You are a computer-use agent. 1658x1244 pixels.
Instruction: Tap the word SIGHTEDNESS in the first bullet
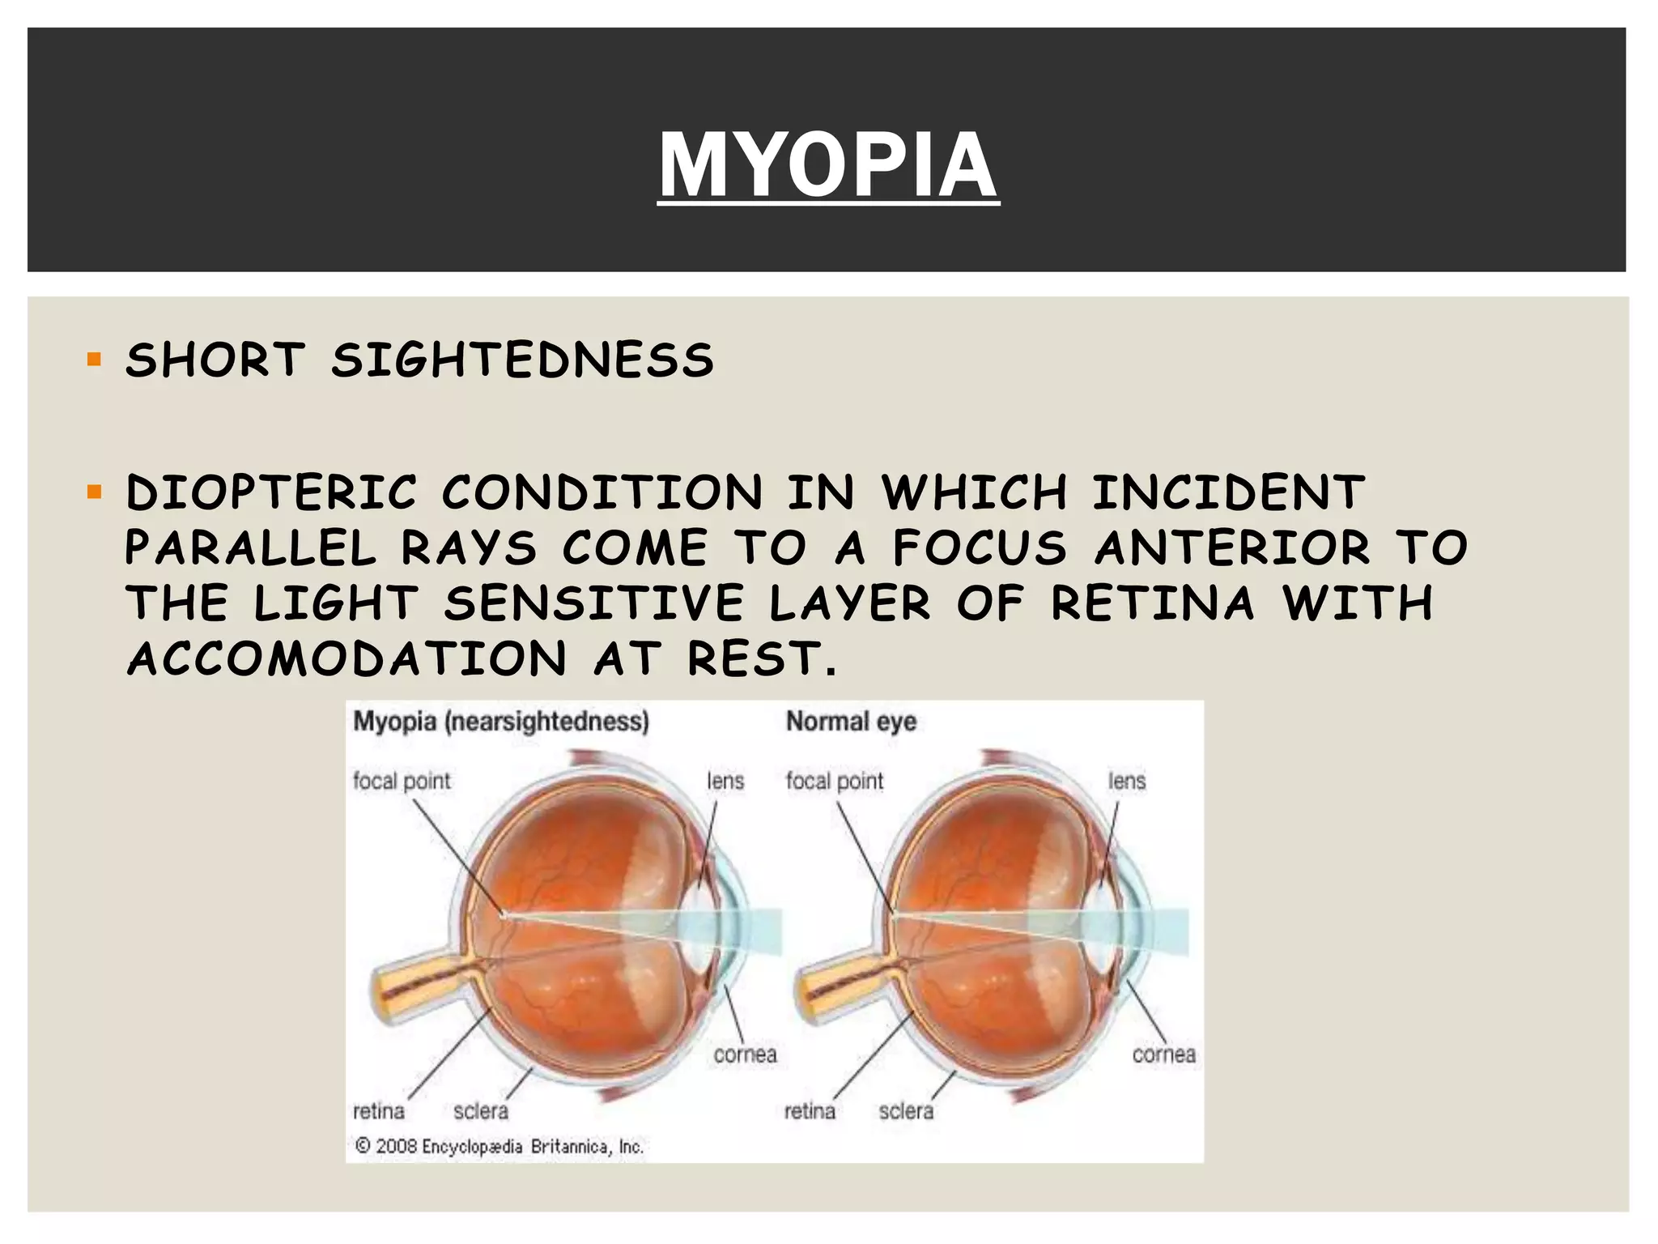pos(522,360)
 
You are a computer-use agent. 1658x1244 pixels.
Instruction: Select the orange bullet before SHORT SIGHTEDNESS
pos(95,360)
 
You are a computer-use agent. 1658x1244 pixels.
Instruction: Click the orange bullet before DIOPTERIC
pos(95,492)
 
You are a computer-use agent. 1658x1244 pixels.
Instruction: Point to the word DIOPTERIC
pos(271,493)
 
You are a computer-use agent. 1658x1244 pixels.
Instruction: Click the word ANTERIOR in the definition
pos(1232,548)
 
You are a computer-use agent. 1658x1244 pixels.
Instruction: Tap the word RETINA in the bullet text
pos(1153,603)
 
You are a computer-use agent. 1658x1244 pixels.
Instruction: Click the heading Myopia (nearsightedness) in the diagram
pos(501,722)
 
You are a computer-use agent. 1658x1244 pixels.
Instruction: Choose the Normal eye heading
pos(851,722)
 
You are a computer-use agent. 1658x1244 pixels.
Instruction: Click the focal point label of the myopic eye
pos(402,782)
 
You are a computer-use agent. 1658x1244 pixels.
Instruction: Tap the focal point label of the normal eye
pos(835,782)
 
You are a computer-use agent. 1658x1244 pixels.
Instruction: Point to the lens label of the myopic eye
pos(725,782)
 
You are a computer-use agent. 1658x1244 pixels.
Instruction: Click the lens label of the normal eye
pos(1127,782)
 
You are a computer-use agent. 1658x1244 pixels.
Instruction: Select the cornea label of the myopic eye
pos(745,1054)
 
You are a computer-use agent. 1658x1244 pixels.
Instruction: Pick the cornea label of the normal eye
pos(1163,1054)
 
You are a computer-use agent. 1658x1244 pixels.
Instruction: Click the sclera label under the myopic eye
pos(481,1111)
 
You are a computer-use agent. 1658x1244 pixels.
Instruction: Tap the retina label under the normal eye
pos(810,1111)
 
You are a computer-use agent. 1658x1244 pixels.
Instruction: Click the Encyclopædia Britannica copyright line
pos(500,1147)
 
